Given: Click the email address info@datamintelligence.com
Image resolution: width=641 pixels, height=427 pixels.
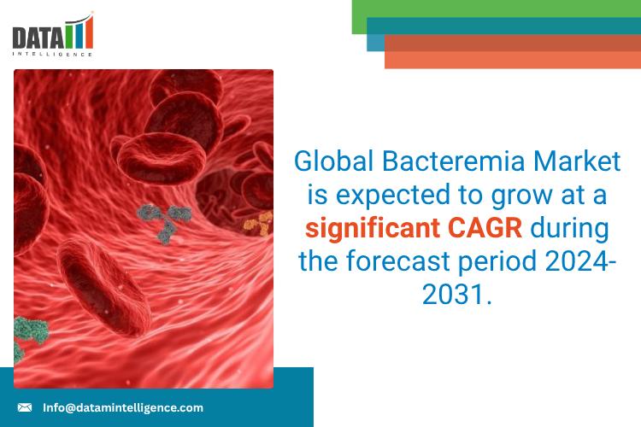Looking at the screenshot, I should [x=123, y=407].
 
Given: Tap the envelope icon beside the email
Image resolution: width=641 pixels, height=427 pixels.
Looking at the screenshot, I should [x=25, y=407].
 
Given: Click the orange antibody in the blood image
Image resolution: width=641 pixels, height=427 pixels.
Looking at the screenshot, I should [x=256, y=224].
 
